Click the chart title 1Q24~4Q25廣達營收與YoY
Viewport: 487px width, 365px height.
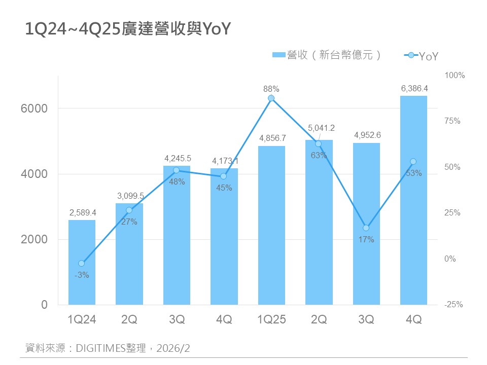point(128,30)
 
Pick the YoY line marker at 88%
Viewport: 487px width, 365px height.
point(271,98)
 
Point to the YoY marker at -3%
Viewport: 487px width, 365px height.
point(82,264)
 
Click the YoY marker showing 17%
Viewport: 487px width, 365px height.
point(366,228)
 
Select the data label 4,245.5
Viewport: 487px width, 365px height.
point(177,159)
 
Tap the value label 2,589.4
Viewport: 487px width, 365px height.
point(82,213)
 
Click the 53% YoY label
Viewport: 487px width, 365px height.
point(413,173)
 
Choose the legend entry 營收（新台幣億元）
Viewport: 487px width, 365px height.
point(327,55)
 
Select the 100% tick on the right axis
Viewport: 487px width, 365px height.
point(455,76)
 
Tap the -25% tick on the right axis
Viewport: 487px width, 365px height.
point(454,305)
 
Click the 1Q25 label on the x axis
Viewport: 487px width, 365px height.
point(272,320)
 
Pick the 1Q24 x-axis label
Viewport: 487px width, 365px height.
point(82,320)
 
